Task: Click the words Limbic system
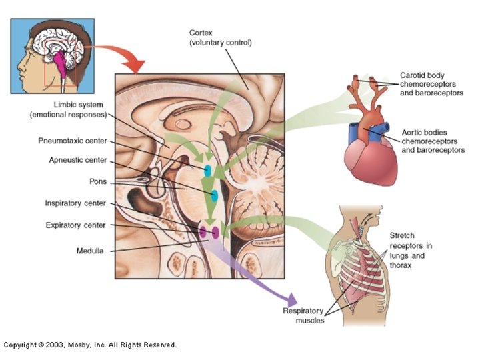80,105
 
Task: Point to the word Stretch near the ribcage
403,236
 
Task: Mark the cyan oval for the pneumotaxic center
208,170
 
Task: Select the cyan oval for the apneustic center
214,196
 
